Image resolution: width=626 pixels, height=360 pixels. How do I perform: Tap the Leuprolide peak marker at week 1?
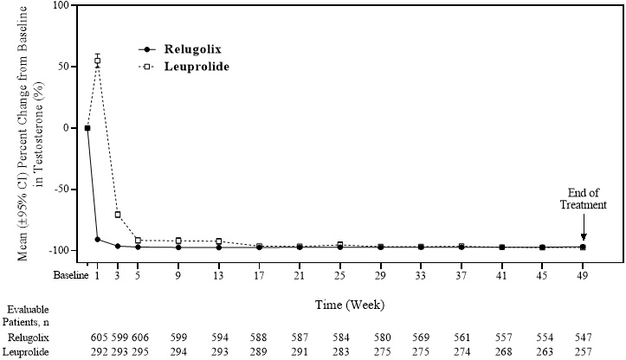pos(98,60)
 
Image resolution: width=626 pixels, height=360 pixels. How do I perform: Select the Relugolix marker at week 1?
pos(98,239)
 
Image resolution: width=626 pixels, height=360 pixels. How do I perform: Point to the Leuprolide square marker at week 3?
pos(118,215)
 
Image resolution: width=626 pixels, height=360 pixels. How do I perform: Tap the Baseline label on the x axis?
pos(70,276)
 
